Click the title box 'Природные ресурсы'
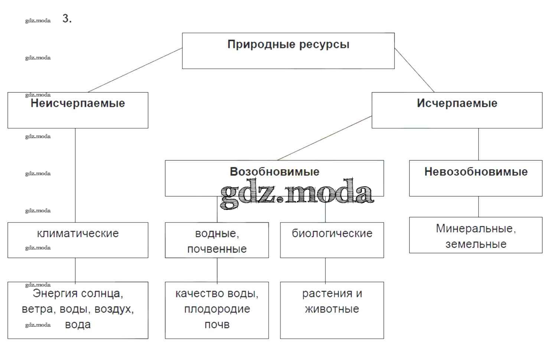coord(288,50)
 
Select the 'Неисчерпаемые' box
coord(78,110)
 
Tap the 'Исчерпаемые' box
coord(457,110)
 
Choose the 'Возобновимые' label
coord(274,171)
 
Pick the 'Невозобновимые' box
coord(476,178)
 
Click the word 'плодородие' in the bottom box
coord(217,309)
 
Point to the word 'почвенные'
coord(217,249)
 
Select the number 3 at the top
coord(66,19)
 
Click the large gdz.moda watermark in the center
coord(297,193)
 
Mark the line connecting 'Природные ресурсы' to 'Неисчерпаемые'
coord(135,70)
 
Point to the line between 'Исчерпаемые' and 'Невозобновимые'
coord(478,144)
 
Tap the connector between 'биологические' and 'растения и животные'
coord(326,270)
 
